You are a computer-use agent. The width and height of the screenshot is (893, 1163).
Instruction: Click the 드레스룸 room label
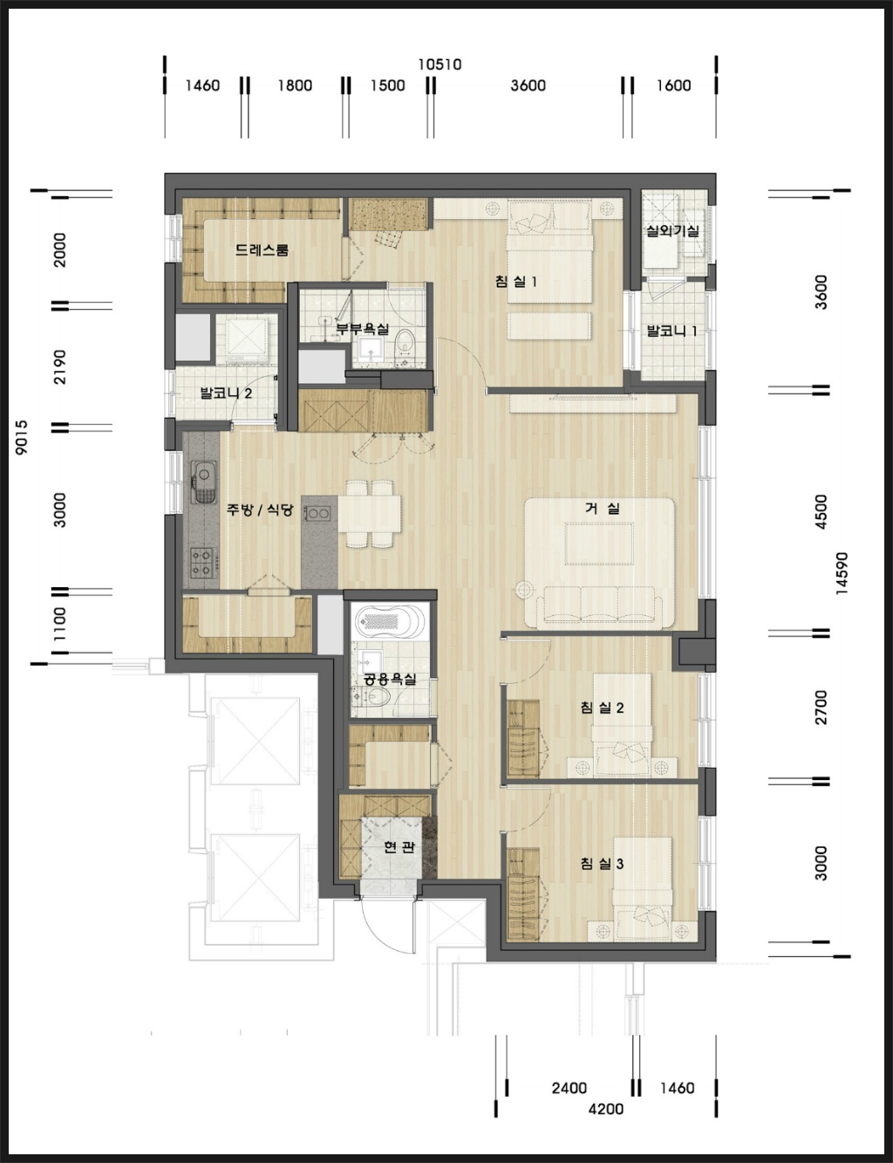pyautogui.click(x=262, y=250)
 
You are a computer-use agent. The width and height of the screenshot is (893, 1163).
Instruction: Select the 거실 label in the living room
pyautogui.click(x=602, y=508)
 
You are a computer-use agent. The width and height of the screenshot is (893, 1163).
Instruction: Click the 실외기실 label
pyautogui.click(x=672, y=230)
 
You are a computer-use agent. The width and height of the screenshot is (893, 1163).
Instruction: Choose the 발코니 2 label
pyautogui.click(x=226, y=393)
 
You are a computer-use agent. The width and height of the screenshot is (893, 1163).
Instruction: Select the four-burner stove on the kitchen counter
pyautogui.click(x=201, y=563)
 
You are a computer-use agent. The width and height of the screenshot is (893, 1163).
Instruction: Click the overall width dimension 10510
pyautogui.click(x=440, y=65)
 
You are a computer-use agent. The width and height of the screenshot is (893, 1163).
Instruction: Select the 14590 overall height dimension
pyautogui.click(x=842, y=572)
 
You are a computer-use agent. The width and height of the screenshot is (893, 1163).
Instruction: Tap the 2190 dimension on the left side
pyautogui.click(x=60, y=366)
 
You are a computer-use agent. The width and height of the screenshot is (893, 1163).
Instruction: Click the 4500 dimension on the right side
pyautogui.click(x=821, y=511)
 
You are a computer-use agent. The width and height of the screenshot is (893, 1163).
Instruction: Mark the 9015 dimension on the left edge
pyautogui.click(x=22, y=437)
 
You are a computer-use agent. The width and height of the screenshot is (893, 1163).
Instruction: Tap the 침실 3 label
pyautogui.click(x=602, y=863)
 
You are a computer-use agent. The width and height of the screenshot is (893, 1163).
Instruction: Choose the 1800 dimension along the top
pyautogui.click(x=295, y=86)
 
